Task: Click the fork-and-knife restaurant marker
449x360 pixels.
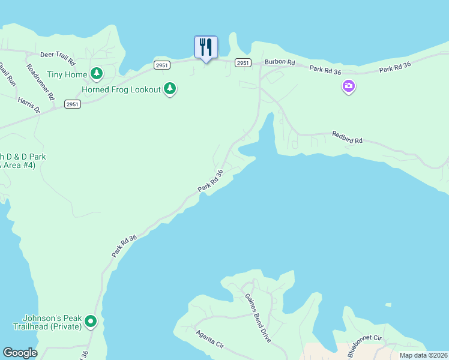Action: [206, 47]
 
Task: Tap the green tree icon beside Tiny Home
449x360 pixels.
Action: [97, 74]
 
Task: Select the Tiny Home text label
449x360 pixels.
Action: [67, 74]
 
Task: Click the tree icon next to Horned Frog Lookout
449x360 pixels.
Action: [170, 89]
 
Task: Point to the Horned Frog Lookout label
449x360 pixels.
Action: [121, 89]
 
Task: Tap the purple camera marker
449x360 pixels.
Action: [348, 87]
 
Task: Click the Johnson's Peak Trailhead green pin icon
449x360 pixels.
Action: [91, 322]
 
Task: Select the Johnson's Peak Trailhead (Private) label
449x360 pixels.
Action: [48, 322]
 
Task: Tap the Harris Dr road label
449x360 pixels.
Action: [29, 106]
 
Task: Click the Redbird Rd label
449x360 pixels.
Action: [348, 137]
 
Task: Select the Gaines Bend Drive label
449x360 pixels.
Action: [258, 317]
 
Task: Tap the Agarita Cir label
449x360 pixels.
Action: [209, 338]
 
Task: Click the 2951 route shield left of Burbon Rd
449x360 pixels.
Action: [243, 62]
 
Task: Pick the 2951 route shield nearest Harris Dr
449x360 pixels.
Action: [72, 104]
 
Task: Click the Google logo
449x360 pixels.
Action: [20, 353]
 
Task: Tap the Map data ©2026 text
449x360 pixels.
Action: [422, 355]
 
